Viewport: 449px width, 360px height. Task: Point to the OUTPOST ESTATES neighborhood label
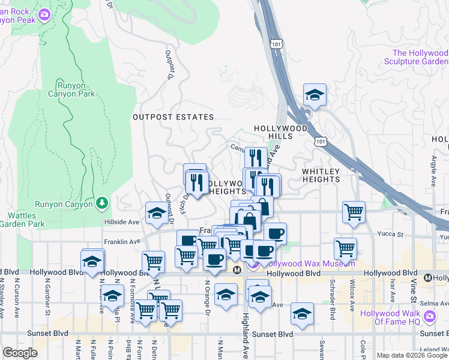point(173,117)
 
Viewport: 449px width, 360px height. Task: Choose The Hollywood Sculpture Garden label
point(416,57)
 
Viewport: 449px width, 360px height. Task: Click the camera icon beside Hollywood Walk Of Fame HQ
point(429,316)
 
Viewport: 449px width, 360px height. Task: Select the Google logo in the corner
point(20,352)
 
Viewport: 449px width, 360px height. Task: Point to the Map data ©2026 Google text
point(412,355)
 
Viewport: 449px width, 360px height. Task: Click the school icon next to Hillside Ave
point(157,213)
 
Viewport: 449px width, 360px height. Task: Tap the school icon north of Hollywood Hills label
point(314,95)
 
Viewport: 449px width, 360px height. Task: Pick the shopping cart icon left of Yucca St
point(354,211)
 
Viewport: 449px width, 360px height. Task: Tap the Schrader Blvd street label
point(331,306)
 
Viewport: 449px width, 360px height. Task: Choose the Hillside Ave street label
point(122,221)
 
